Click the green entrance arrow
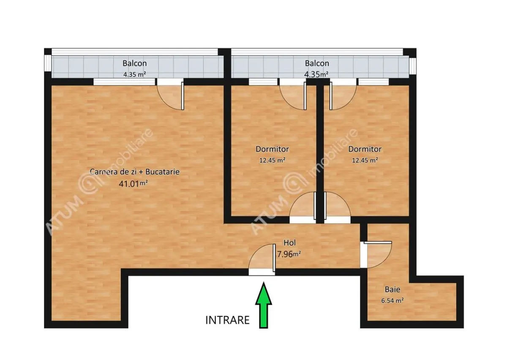(x=264, y=305)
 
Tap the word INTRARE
(x=227, y=320)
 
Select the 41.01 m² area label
(x=134, y=184)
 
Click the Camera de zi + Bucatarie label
(x=135, y=172)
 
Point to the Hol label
(x=289, y=243)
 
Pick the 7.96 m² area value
(x=289, y=254)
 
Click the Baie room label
(x=393, y=289)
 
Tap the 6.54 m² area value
(x=393, y=301)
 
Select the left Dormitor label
(x=272, y=149)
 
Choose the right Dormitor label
(x=365, y=149)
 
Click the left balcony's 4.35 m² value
(x=134, y=74)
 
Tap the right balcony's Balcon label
(x=317, y=63)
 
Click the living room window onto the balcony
(x=124, y=82)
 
